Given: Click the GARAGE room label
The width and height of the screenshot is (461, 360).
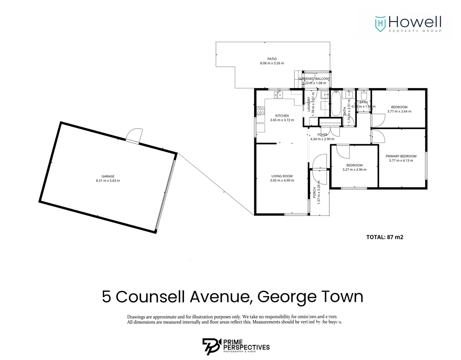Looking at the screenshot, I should (x=108, y=176).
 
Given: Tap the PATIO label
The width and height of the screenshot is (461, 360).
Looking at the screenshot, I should (x=272, y=59).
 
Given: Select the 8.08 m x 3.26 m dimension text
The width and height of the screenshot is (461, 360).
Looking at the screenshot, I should (x=272, y=63).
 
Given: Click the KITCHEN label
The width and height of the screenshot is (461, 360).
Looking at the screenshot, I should (x=282, y=116).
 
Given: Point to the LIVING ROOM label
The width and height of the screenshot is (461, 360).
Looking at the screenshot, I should (x=282, y=176).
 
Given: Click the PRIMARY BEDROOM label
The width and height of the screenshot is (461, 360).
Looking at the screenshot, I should (x=401, y=156).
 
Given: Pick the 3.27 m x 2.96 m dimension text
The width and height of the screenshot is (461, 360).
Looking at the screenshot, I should (x=354, y=170).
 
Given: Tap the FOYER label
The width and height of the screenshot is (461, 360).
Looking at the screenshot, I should (x=322, y=135).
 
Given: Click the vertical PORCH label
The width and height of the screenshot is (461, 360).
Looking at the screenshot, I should (x=314, y=192).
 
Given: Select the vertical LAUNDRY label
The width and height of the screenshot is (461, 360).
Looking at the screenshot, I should (x=309, y=104).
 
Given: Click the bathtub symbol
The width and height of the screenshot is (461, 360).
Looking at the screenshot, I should (x=336, y=103).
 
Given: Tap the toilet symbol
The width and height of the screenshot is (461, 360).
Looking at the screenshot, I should (x=364, y=95).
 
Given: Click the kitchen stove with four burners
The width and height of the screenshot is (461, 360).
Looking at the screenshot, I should (x=260, y=111).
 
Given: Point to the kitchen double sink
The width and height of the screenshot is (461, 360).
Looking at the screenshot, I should (x=278, y=95).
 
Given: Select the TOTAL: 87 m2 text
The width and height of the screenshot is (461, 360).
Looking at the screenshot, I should (x=385, y=237).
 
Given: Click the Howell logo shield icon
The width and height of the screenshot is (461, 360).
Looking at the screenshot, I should (x=380, y=24).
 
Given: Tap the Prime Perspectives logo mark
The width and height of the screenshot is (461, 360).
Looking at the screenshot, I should (x=211, y=346).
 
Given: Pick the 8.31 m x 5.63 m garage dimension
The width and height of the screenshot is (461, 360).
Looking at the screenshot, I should (x=108, y=181).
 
